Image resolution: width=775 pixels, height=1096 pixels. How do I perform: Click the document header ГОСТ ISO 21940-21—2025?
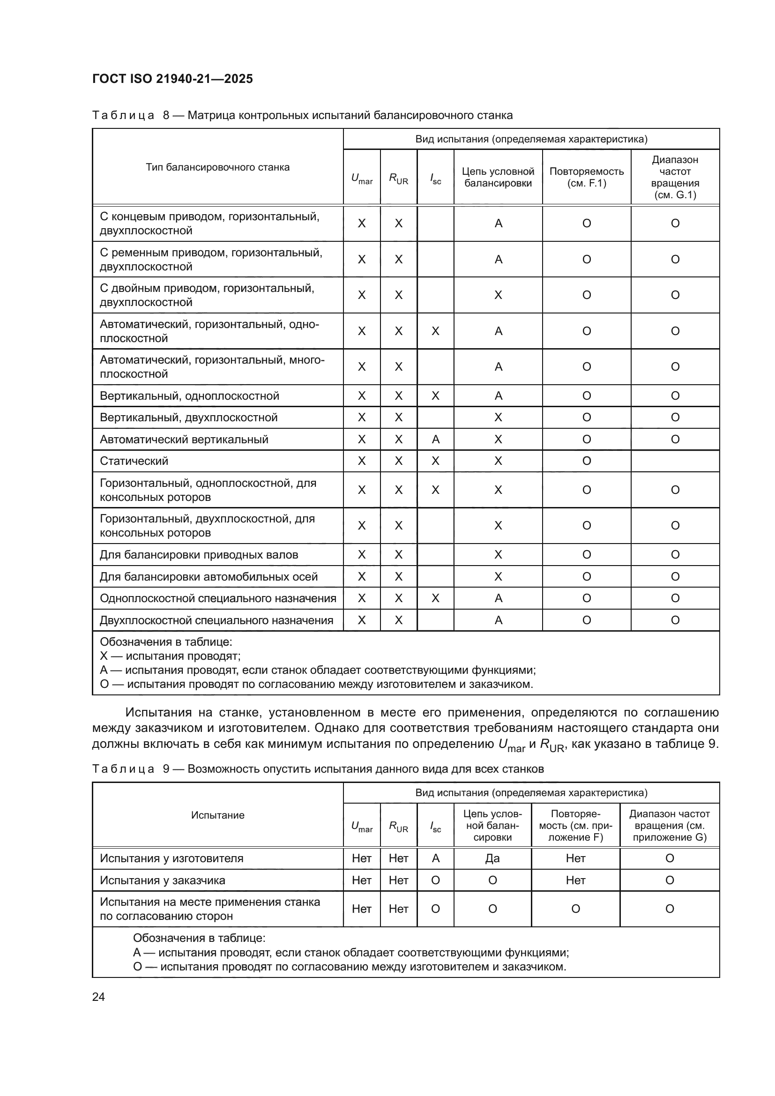click(172, 79)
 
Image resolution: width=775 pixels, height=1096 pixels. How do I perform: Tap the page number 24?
click(98, 997)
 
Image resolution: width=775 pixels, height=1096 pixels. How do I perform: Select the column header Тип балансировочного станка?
click(217, 167)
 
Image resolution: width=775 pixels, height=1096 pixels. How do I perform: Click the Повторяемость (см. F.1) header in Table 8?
click(587, 177)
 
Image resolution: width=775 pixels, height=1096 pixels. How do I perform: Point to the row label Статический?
click(134, 461)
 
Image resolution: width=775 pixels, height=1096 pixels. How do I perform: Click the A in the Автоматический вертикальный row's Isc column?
click(435, 440)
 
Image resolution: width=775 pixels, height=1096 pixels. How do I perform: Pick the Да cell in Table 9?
click(492, 858)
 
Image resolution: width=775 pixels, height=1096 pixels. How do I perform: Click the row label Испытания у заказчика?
click(162, 880)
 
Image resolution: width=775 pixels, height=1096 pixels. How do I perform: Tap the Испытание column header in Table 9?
click(217, 815)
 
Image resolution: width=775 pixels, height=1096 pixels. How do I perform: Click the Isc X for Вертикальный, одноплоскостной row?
click(435, 396)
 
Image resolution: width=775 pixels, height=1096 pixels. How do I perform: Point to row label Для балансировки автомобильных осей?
click(209, 577)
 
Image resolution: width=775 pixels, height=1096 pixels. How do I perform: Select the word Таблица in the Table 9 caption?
click(123, 769)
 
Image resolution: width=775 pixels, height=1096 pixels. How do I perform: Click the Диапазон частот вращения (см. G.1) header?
click(675, 177)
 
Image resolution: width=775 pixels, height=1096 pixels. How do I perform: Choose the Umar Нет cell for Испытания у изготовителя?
click(361, 858)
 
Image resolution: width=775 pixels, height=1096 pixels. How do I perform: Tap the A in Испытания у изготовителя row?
click(435, 858)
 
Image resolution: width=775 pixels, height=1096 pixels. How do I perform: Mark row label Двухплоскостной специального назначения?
click(216, 620)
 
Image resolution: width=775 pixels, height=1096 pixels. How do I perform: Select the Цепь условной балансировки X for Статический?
click(498, 461)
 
